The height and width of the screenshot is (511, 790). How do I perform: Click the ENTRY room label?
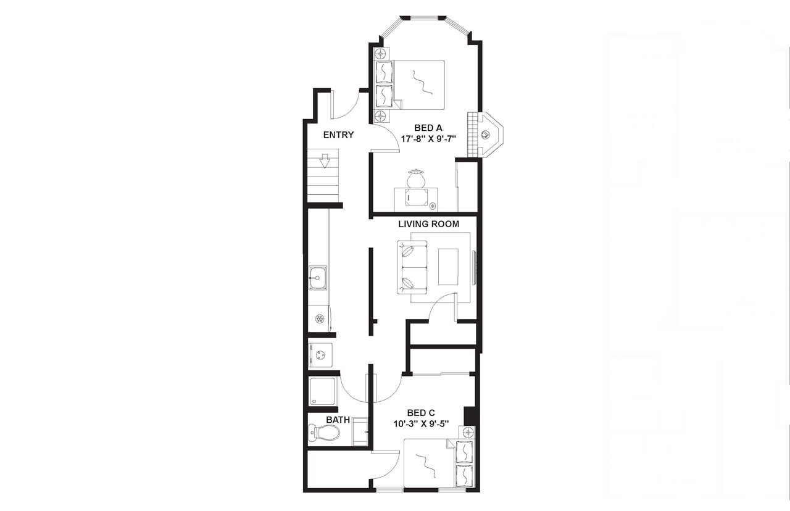(x=338, y=135)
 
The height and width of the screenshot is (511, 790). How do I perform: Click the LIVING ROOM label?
(x=428, y=224)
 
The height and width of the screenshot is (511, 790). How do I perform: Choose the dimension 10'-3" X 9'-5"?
(x=421, y=424)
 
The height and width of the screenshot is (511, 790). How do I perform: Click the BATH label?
(x=338, y=420)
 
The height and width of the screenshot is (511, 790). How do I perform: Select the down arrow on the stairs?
(x=325, y=162)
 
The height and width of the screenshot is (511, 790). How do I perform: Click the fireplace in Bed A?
(x=486, y=133)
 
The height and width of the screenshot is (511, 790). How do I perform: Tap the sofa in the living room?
(x=413, y=268)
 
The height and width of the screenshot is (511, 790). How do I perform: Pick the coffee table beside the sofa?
(x=448, y=267)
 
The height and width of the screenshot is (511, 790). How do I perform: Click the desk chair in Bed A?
(x=415, y=179)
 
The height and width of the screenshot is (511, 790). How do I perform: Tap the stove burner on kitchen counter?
(x=320, y=318)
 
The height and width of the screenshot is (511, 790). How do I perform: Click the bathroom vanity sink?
(x=360, y=431)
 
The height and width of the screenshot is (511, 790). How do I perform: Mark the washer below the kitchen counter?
(x=320, y=355)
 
